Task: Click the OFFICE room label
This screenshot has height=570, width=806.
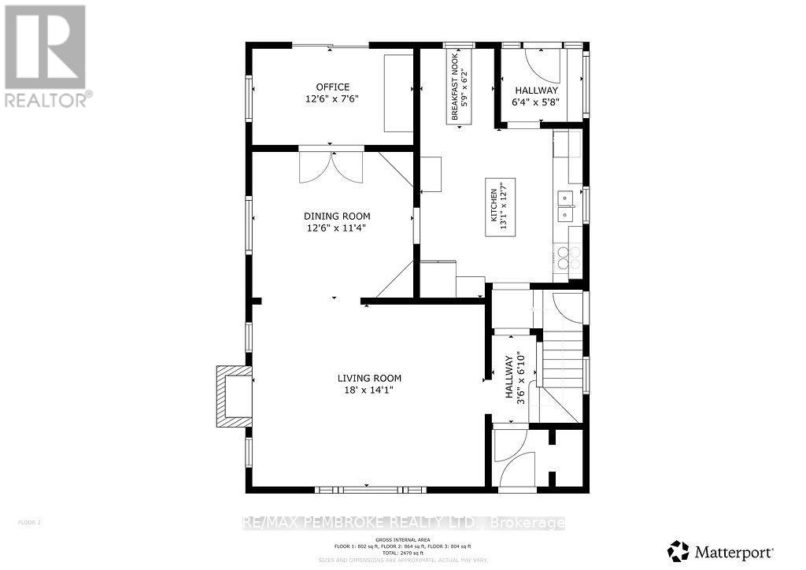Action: (x=332, y=87)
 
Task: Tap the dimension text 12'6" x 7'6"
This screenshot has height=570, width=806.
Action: (x=332, y=99)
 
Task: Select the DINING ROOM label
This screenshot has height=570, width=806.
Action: (x=337, y=216)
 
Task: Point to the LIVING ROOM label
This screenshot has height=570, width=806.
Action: (x=360, y=378)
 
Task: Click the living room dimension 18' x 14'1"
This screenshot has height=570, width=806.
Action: (x=360, y=390)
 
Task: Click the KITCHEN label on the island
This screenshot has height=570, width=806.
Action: (x=494, y=207)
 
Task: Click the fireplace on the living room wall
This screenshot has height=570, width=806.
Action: (x=234, y=396)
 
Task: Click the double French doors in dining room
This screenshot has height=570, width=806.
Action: (x=331, y=165)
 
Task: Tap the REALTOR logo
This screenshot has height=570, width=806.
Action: (x=46, y=55)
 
